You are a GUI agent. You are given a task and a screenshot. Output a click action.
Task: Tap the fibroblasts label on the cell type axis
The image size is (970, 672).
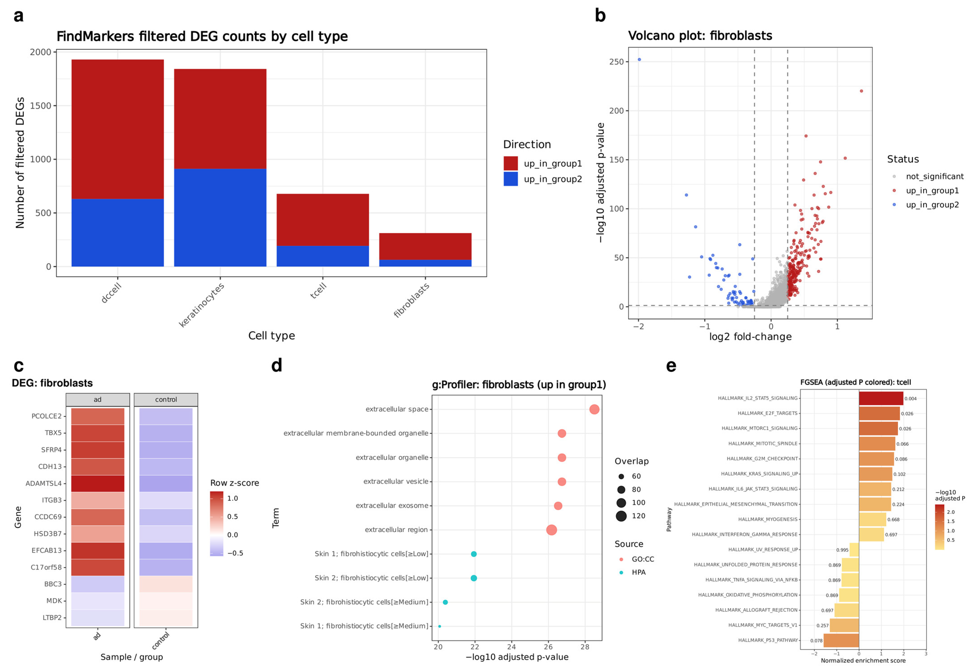[x=411, y=300]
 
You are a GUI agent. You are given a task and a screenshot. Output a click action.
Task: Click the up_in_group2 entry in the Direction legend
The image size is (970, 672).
[x=542, y=179]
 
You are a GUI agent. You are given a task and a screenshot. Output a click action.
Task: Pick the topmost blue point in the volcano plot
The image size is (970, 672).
[x=639, y=59]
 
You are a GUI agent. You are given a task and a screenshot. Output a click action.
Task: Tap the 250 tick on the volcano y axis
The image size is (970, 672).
[x=616, y=62]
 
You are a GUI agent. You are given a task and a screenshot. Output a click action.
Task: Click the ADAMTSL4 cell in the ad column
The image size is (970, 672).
[x=98, y=483]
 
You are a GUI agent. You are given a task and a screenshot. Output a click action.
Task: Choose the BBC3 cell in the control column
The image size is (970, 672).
[x=166, y=584]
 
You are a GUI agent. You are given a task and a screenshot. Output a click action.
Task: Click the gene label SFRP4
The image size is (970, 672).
[x=51, y=450]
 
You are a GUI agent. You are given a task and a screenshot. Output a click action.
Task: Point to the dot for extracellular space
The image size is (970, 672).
[x=594, y=409]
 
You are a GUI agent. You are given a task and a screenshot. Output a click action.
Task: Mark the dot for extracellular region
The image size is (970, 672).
[x=552, y=530]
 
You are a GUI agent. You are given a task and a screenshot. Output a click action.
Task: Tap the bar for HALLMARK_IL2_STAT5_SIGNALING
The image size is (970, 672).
[x=881, y=398]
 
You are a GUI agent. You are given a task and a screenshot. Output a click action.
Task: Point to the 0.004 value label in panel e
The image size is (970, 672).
[x=911, y=399]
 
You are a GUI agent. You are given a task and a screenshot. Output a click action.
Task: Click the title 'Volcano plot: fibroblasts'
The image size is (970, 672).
[x=700, y=36]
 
